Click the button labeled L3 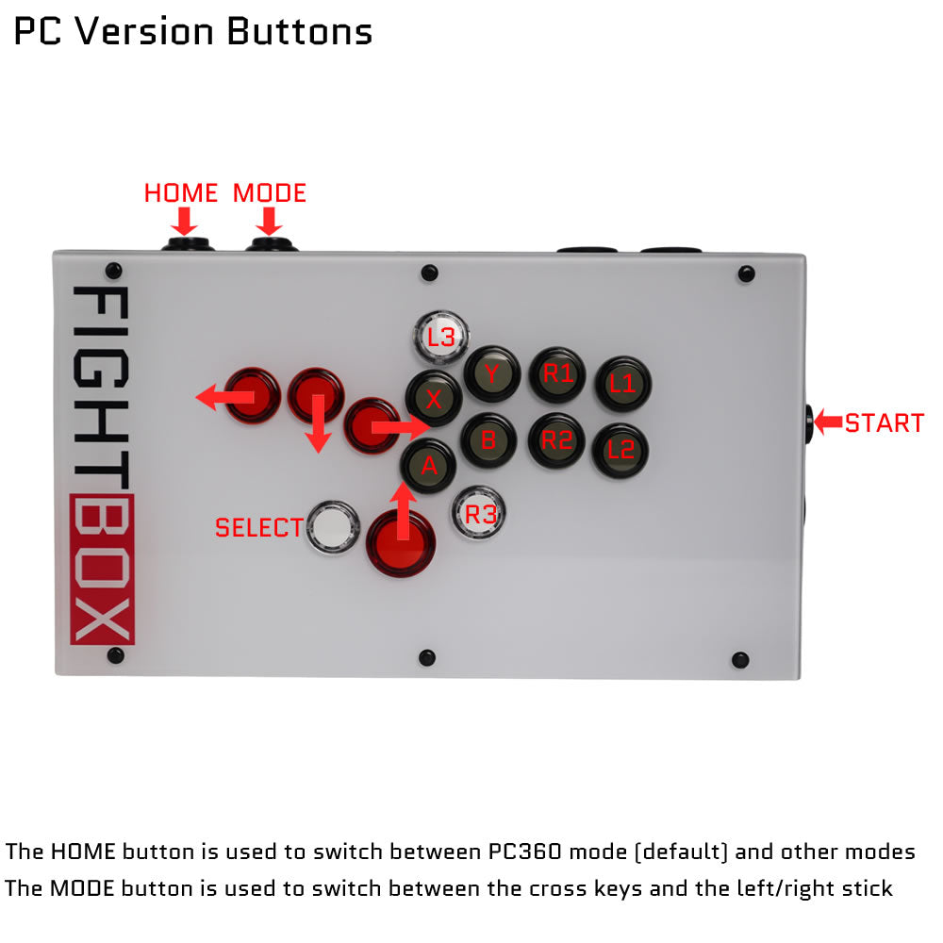441,337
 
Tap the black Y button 491,373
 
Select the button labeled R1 557,374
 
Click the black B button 488,439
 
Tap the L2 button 620,449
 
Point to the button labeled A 430,465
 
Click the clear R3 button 480,514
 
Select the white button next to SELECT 333,528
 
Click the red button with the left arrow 253,395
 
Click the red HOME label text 181,193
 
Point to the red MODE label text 270,193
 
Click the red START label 884,423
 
